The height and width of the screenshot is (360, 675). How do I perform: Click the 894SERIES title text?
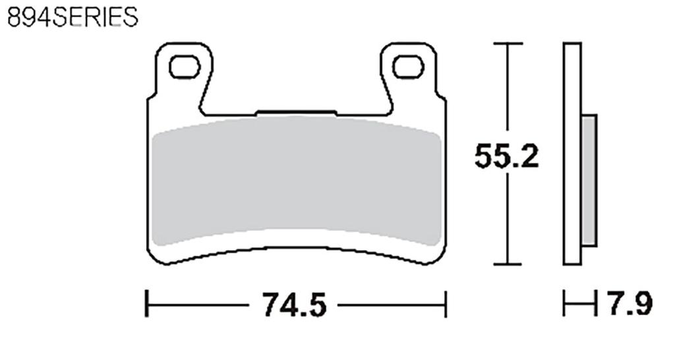click(x=73, y=16)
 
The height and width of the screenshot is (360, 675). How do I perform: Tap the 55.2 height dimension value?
click(x=507, y=157)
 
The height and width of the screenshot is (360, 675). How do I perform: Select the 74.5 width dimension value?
click(x=295, y=305)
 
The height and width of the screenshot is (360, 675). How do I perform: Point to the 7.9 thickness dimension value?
click(x=630, y=305)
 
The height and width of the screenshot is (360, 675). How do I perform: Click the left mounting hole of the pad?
click(x=184, y=67)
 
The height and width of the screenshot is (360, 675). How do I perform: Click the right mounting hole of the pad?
click(x=408, y=67)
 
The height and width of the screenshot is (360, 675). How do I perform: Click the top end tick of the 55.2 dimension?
click(x=507, y=44)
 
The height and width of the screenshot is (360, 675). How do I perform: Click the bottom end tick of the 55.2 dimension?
click(x=507, y=264)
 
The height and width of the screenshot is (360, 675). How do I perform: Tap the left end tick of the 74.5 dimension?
click(x=146, y=305)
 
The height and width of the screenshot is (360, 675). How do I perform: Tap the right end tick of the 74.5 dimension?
click(x=446, y=305)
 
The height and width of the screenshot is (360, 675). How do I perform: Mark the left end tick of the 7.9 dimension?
click(x=564, y=305)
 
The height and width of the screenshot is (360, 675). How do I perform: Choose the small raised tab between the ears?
click(x=296, y=112)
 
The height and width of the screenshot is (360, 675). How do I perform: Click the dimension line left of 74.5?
click(x=198, y=305)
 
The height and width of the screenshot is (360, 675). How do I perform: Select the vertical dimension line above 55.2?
click(x=507, y=92)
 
